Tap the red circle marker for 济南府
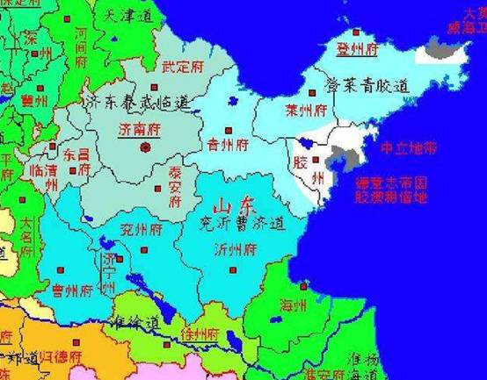tap(146, 147)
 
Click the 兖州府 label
tap(142, 231)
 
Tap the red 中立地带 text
tap(407, 150)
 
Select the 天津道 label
tap(122, 16)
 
